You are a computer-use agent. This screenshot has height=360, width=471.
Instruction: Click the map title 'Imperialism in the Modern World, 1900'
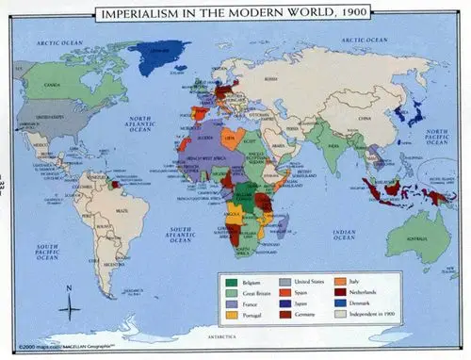235,14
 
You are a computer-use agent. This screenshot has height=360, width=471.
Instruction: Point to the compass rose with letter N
71,305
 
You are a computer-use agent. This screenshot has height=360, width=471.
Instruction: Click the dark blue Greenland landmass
161,57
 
